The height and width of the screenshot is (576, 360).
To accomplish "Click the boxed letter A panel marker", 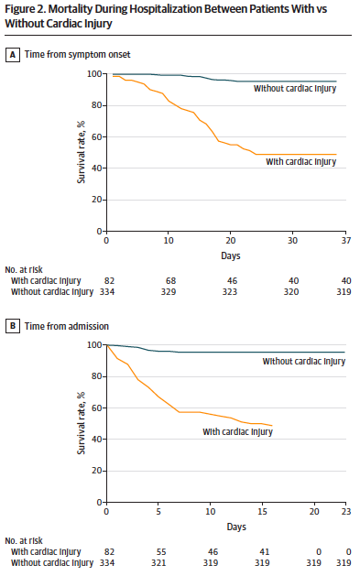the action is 13,55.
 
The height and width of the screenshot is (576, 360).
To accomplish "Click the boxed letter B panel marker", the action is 13,326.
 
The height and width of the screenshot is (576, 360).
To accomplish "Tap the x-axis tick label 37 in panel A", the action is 346,241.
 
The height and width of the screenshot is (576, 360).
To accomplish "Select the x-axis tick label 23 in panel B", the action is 346,512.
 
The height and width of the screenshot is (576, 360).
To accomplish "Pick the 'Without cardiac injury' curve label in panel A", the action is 295,89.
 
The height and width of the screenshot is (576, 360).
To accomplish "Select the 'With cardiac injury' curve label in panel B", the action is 237,431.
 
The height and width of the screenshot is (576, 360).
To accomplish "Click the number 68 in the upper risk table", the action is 170,281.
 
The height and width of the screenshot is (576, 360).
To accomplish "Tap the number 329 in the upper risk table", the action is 169,292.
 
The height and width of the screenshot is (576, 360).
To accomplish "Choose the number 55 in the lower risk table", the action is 161,552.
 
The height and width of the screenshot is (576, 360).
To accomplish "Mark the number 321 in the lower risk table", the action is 158,563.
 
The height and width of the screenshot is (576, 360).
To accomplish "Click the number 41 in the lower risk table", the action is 265,552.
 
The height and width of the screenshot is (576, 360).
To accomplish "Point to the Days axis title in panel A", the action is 231,255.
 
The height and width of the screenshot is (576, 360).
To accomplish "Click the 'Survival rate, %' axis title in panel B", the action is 81,423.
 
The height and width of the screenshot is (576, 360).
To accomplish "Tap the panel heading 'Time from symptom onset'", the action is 78,55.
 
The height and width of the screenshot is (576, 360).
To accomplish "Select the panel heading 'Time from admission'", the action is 67,326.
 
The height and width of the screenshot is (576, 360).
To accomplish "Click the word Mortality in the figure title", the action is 71,9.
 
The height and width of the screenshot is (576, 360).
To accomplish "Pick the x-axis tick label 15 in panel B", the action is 262,512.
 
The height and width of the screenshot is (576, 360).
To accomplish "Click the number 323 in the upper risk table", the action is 230,292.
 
